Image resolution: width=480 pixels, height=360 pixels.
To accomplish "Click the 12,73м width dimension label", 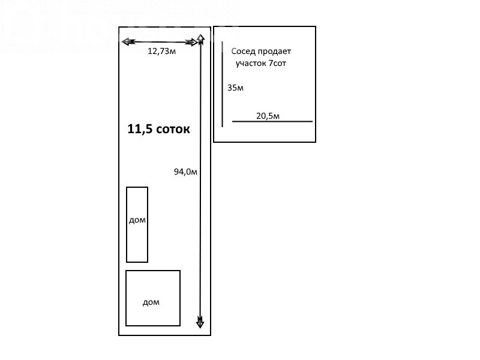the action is [x=161, y=51].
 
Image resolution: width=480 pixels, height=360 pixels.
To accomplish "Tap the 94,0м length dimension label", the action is [x=185, y=172].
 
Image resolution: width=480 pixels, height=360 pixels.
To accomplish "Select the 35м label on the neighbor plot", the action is [x=235, y=88].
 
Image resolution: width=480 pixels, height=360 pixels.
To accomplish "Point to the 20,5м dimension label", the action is [x=268, y=116].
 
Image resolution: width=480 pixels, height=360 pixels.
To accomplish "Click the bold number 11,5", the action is [x=140, y=129].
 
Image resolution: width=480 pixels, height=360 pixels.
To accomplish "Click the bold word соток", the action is [x=173, y=130].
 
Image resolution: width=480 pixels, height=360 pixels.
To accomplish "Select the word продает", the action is [x=274, y=52].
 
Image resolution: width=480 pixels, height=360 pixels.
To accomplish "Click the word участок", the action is [x=251, y=64].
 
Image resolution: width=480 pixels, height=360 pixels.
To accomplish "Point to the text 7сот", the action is [x=277, y=63].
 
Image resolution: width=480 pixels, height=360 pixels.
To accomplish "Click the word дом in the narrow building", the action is [x=137, y=220].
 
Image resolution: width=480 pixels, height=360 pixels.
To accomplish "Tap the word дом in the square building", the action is [x=151, y=302].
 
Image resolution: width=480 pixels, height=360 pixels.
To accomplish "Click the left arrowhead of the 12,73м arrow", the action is [x=128, y=41].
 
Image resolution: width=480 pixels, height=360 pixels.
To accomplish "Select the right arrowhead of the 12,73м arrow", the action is [x=192, y=42].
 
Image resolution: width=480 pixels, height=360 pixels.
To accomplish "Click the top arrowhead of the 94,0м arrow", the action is [x=200, y=39].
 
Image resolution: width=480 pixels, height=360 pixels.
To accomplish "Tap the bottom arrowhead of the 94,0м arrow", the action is [x=200, y=322].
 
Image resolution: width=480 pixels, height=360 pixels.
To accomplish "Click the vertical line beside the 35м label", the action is [x=222, y=84].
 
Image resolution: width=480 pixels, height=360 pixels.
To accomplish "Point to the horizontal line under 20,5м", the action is [x=272, y=122].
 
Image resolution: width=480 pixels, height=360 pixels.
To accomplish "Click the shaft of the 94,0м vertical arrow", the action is [x=200, y=181].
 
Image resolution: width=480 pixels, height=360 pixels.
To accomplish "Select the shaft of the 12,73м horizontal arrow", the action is [x=160, y=42].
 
